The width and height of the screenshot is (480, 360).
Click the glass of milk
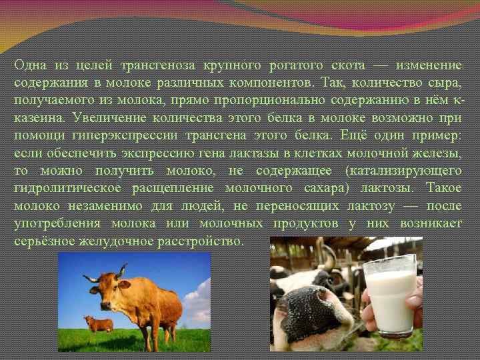tap(392, 293)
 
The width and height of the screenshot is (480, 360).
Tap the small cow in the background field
tap(99, 324)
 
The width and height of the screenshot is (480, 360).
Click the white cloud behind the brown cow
tap(198, 303)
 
